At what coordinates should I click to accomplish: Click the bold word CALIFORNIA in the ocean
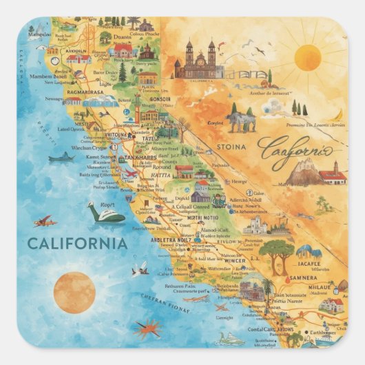tap(77, 243)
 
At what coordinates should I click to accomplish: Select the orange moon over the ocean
tap(74, 292)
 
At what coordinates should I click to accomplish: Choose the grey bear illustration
tap(242, 121)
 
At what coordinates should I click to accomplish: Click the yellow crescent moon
tap(338, 114)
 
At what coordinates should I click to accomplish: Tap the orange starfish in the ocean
tap(147, 330)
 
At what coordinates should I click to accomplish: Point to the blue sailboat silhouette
tap(61, 158)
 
